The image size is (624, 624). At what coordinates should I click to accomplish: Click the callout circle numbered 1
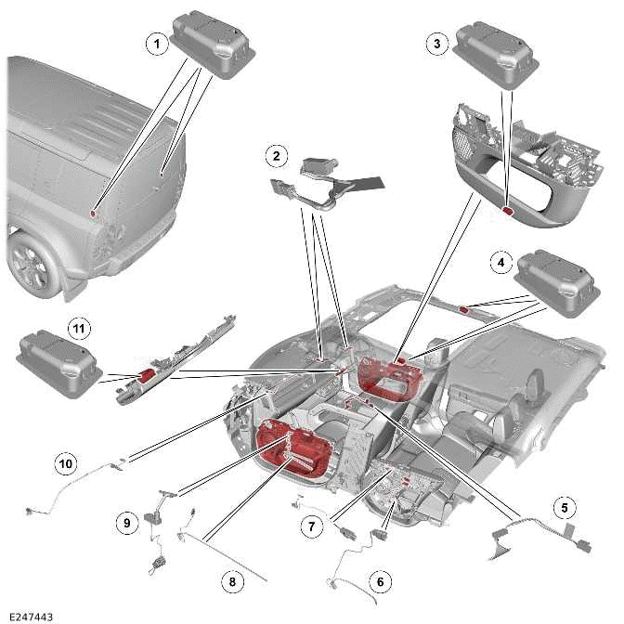(157, 43)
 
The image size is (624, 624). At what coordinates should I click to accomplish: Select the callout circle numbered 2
(275, 154)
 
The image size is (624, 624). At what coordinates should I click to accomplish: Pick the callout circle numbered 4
(500, 263)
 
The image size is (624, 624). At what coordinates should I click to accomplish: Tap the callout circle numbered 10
(65, 461)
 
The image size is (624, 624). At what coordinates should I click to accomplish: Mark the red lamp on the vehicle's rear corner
(97, 214)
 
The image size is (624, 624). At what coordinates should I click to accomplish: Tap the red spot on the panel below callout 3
(508, 212)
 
